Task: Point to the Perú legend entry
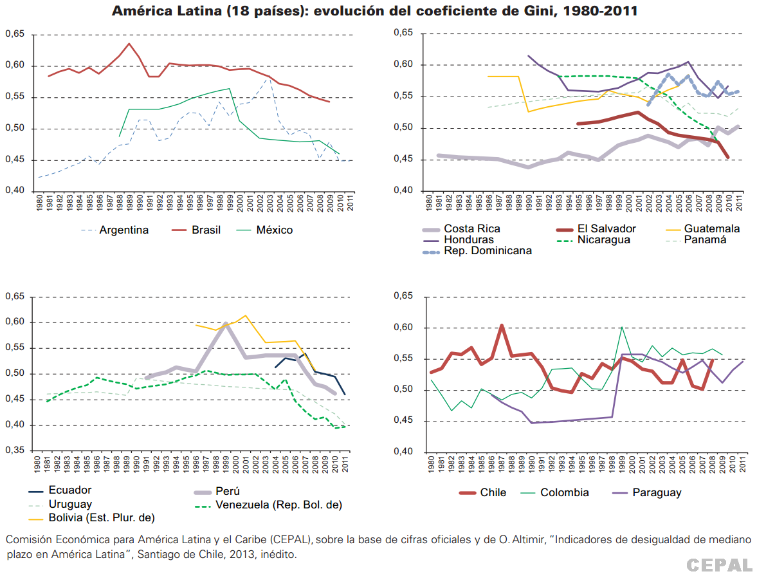pos(228,491)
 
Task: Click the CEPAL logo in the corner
pos(718,564)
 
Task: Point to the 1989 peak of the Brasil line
pos(129,44)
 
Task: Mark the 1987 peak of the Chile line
pos(502,326)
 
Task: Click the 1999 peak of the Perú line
pos(226,323)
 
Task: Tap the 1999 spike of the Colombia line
pos(622,328)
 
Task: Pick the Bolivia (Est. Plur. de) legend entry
pos(102,517)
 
